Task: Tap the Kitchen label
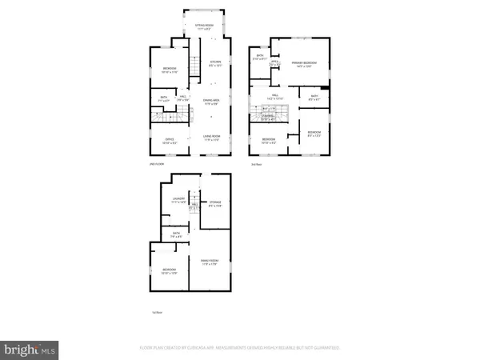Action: coord(214,63)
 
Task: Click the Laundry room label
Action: coord(178,201)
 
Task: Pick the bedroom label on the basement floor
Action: coord(170,271)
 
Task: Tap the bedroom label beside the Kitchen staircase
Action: coord(170,70)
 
